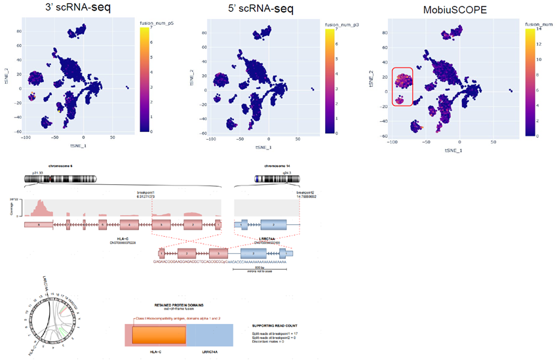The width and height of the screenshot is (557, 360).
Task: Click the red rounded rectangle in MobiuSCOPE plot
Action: [x=402, y=86]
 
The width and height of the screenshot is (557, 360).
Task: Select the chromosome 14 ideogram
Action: [x=268, y=178]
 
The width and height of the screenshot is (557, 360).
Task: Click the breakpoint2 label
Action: [x=305, y=191]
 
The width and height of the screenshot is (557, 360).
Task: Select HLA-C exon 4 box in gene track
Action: [x=134, y=225]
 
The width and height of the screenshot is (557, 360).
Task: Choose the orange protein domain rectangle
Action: [x=159, y=334]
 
